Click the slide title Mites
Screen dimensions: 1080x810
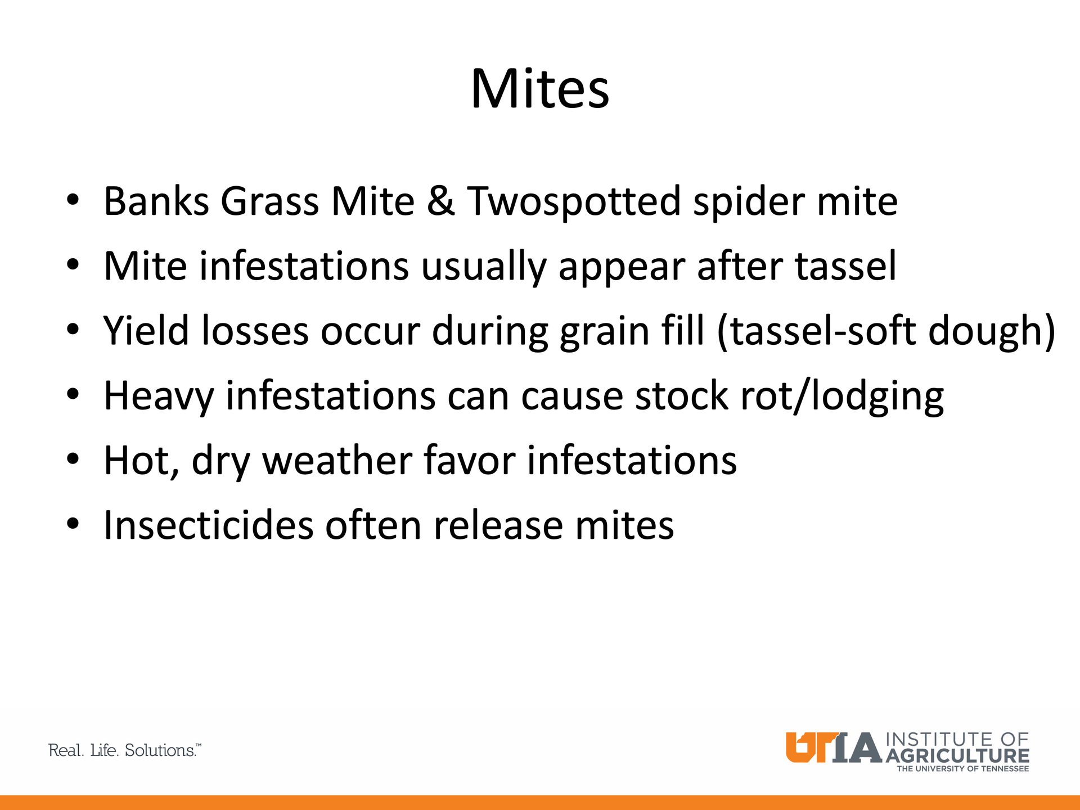[540, 89]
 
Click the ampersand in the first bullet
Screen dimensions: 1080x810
[440, 201]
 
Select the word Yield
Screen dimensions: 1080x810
[147, 331]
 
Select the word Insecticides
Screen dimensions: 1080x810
[209, 525]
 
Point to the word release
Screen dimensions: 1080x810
[498, 525]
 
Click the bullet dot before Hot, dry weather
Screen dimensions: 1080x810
[73, 460]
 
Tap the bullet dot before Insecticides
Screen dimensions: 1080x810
[73, 524]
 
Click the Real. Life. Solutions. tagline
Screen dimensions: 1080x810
[125, 750]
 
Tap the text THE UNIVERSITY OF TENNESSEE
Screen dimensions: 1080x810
[962, 769]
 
